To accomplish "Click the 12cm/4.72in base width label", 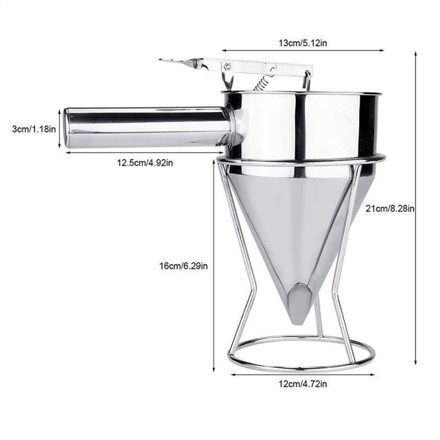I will click(298, 384).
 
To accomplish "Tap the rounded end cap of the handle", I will click(68, 128).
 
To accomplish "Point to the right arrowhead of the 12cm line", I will click(366, 375).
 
